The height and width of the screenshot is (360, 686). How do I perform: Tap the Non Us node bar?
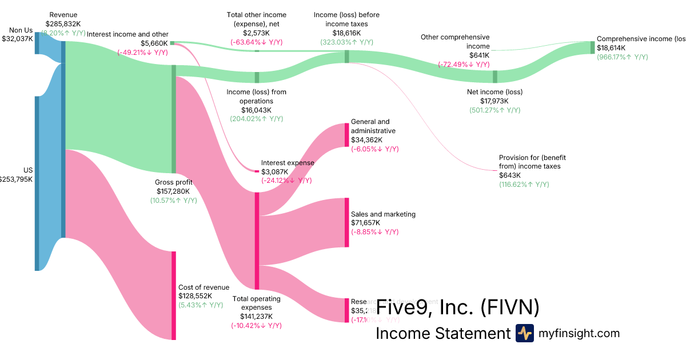[x=37, y=43]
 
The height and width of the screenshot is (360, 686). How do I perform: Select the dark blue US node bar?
[x=37, y=183]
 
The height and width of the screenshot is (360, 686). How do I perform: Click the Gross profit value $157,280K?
[x=173, y=191]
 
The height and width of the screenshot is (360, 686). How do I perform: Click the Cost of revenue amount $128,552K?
[x=196, y=296]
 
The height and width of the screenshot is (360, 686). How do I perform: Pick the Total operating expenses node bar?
[x=257, y=241]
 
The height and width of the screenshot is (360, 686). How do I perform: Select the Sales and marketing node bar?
[x=346, y=222]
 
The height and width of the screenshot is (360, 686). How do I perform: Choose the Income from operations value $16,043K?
[x=256, y=110]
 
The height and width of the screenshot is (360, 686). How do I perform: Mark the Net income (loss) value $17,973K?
[x=494, y=101]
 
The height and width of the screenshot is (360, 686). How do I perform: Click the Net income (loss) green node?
[x=495, y=77]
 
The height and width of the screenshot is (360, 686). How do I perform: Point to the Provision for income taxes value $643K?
[x=510, y=175]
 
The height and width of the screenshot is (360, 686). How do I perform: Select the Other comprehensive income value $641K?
[x=463, y=55]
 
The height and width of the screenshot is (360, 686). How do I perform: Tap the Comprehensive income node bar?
[x=593, y=47]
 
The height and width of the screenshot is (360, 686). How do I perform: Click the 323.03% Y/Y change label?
[x=346, y=42]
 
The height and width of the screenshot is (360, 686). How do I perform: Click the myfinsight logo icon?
[x=525, y=333]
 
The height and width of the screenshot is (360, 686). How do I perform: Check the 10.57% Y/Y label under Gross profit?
[x=173, y=201]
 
